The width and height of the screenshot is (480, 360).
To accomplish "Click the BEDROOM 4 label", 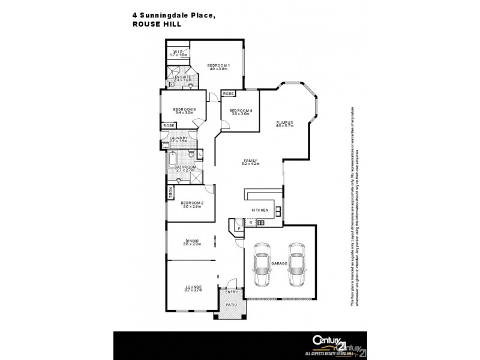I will [x=241, y=110].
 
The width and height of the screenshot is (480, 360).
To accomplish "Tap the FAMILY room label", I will [x=250, y=160].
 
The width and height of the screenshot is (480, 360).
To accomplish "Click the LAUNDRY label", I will [x=179, y=139].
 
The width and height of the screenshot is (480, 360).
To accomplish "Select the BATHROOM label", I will [x=186, y=167].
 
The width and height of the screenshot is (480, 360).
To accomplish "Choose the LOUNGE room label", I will [x=193, y=287].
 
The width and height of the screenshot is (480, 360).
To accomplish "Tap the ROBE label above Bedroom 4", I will [x=228, y=94].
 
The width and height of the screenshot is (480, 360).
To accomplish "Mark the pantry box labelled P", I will [x=239, y=228].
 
